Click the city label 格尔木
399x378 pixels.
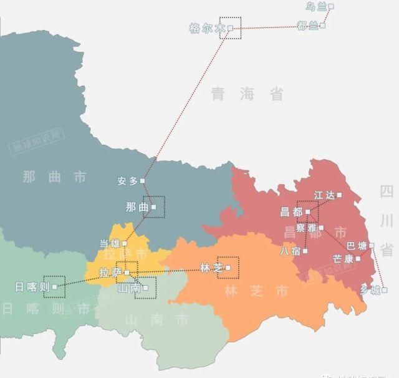tap(206, 28)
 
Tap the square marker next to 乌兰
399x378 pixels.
tap(331, 6)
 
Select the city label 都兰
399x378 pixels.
tap(308, 26)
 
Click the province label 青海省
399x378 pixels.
tap(247, 94)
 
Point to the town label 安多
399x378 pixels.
tap(127, 181)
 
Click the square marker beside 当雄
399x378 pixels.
tap(125, 243)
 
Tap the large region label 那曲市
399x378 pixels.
tap(54, 177)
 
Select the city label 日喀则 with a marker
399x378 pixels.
tap(32, 287)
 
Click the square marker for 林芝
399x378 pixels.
tap(228, 268)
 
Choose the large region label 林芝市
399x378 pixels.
tap(257, 291)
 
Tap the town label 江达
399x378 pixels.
tap(325, 195)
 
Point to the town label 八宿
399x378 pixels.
tap(291, 251)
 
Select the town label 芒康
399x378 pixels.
tap(343, 258)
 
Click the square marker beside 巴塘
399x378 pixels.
tap(372, 245)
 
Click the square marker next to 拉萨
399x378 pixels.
tap(127, 273)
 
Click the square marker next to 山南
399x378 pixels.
tap(145, 288)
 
